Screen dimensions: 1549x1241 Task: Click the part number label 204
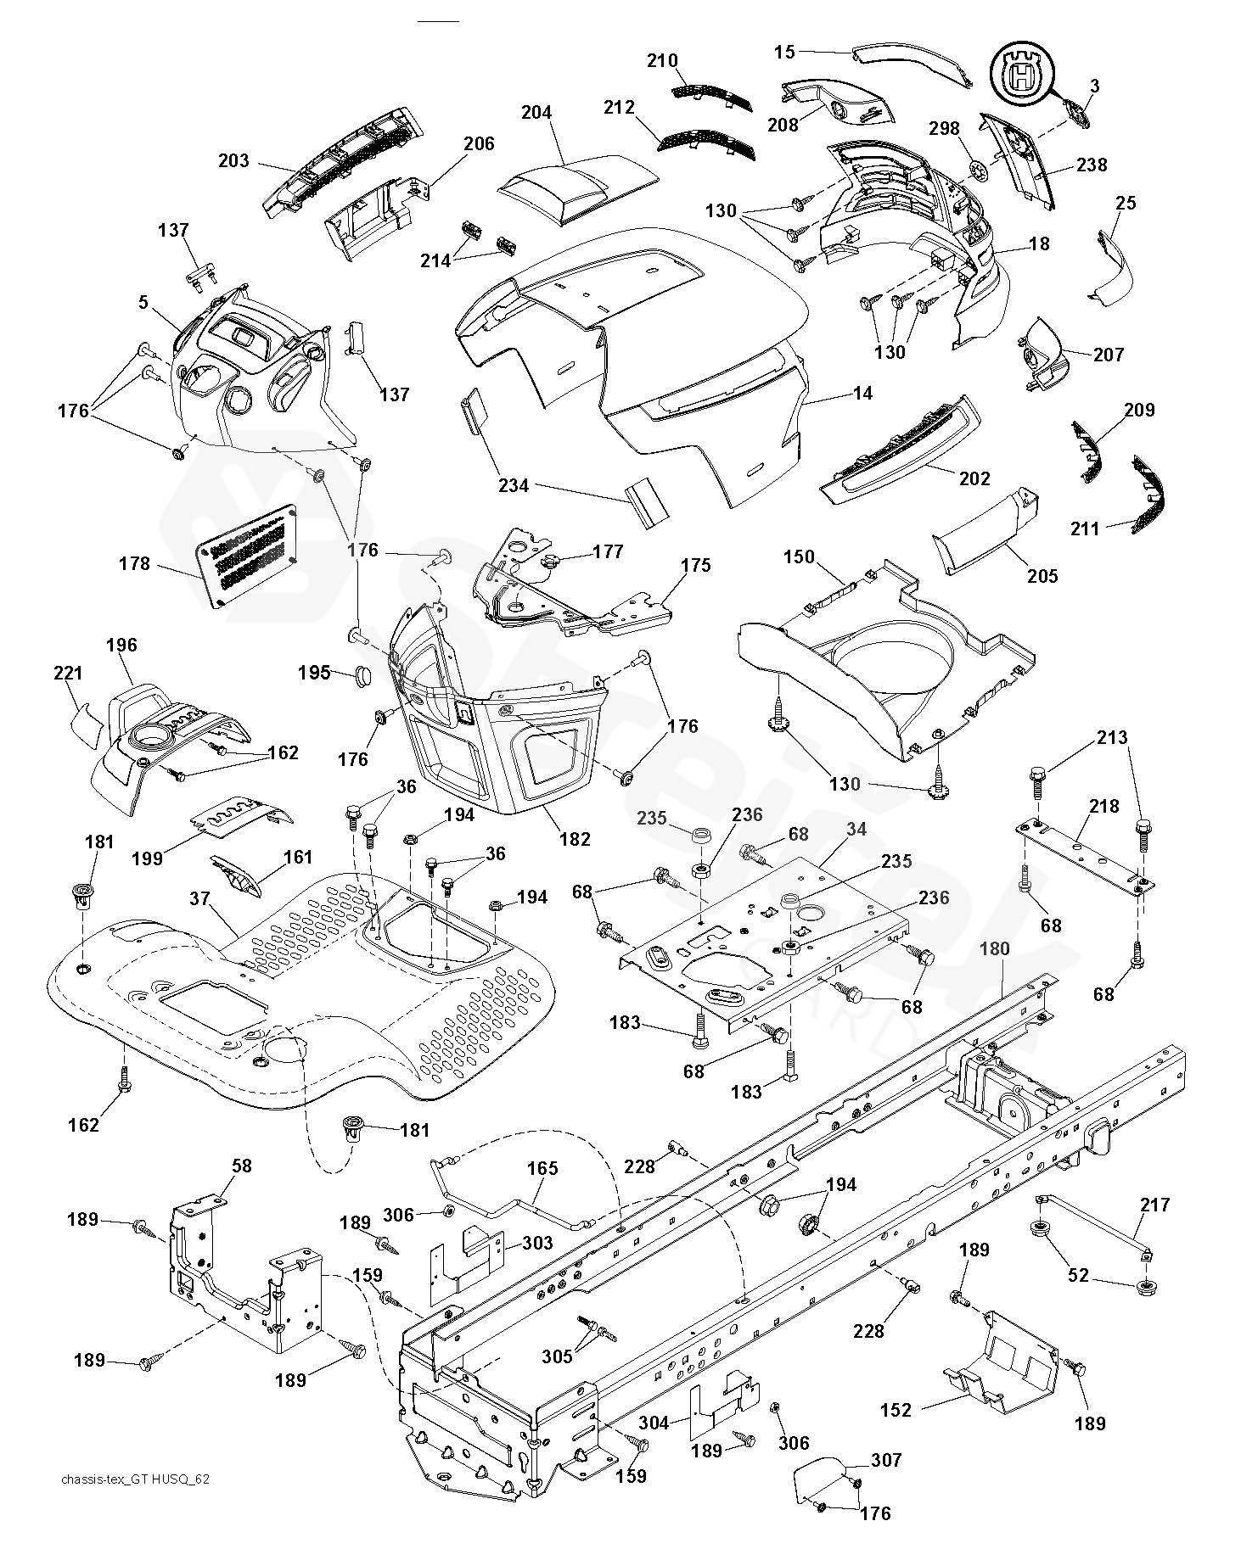tap(536, 113)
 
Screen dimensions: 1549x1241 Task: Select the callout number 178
tap(134, 564)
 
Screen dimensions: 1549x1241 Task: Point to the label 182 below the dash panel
tap(575, 839)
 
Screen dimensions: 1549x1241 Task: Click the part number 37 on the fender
tap(199, 899)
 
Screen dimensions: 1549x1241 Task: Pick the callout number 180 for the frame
tap(995, 948)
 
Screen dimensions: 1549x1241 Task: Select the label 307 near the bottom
tap(886, 1460)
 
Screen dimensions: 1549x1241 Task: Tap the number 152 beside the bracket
tap(896, 1410)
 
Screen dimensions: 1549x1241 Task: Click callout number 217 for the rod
tap(1154, 1205)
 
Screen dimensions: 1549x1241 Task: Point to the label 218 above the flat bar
tap(1103, 807)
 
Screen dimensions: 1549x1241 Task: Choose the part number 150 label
tap(799, 557)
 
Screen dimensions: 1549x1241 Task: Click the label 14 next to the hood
tap(862, 394)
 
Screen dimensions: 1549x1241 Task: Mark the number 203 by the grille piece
tap(233, 160)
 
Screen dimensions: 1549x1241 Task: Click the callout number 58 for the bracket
tap(242, 1166)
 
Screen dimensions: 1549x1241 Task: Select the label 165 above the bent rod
tap(542, 1169)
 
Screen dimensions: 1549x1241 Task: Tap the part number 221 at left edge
tap(69, 674)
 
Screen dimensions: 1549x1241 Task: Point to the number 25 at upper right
tap(1126, 204)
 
